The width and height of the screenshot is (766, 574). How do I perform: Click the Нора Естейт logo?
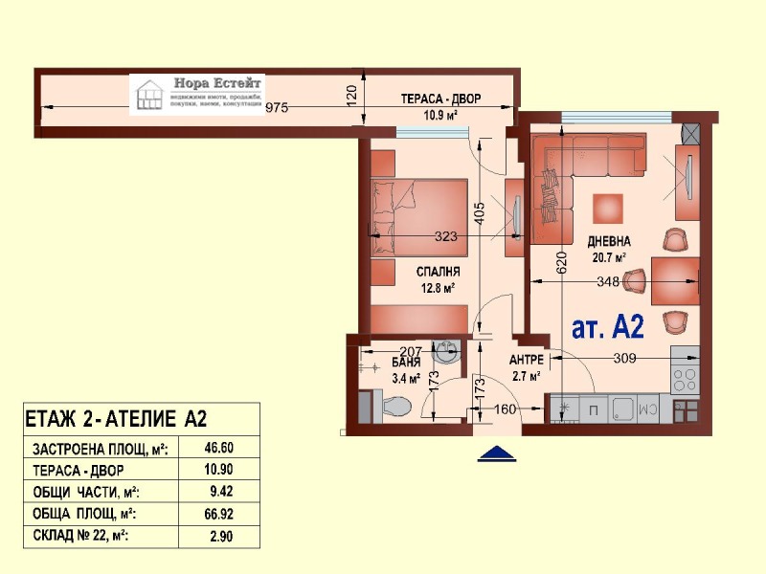tap(197, 94)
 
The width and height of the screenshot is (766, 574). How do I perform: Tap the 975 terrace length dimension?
tap(277, 107)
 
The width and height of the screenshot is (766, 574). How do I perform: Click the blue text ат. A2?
tap(607, 327)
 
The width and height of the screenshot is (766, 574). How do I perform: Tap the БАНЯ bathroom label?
tap(406, 364)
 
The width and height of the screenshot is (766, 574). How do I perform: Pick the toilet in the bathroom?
tap(391, 409)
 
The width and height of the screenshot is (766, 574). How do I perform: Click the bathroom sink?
tap(446, 351)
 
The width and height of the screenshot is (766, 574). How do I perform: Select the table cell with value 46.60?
tap(220, 447)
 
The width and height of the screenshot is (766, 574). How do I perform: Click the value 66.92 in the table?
tap(220, 514)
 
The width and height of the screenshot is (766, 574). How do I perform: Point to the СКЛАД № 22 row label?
tap(81, 536)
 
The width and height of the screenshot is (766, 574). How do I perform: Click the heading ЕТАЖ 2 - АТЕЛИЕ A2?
tap(115, 418)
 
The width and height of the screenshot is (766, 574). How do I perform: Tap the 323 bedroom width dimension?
tap(445, 235)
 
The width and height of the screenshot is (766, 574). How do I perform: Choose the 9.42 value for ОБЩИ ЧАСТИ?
tap(220, 492)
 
